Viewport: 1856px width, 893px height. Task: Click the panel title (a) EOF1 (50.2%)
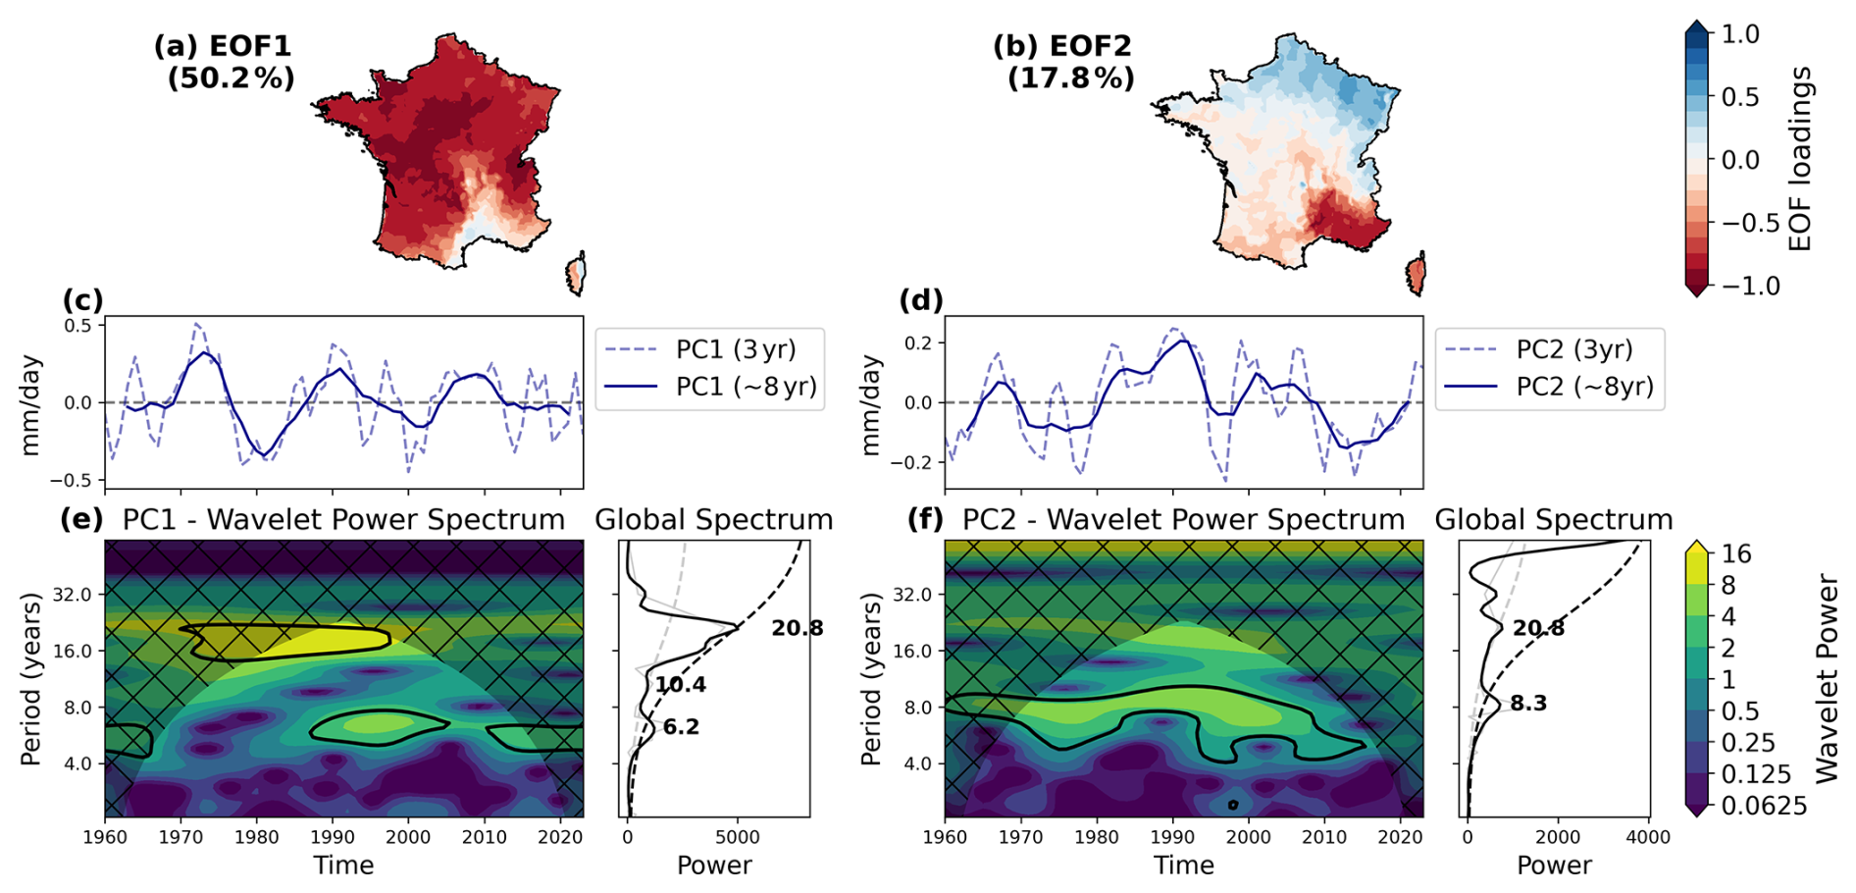pos(224,62)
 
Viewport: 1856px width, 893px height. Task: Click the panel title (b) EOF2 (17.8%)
pos(1063,62)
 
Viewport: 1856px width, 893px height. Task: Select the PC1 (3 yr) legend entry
pos(709,349)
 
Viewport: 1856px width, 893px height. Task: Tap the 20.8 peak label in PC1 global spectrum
pos(797,628)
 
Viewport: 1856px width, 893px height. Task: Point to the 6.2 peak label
pos(681,727)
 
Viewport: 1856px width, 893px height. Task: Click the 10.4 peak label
pos(681,685)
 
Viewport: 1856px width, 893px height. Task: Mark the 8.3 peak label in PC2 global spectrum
pos(1528,703)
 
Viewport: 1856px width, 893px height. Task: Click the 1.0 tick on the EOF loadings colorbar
pos(1740,34)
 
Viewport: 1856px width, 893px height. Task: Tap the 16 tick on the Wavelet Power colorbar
pos(1735,554)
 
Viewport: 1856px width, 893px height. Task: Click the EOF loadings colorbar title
pos(1800,159)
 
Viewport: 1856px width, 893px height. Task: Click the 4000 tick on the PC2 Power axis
pos(1648,837)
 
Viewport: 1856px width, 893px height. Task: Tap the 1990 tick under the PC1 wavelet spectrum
pos(333,837)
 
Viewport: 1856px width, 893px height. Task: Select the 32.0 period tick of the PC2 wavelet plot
pos(912,595)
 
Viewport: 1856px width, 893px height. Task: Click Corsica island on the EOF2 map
pos(1416,274)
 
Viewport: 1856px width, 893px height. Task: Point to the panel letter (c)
pos(82,300)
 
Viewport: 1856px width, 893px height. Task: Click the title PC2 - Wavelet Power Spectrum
pos(1183,519)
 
